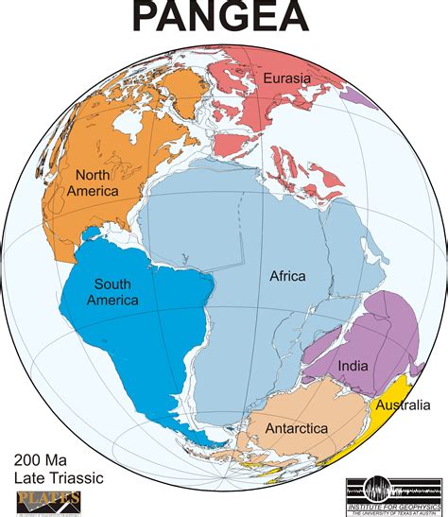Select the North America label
(x=92, y=182)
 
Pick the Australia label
(x=405, y=405)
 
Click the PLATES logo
(x=48, y=500)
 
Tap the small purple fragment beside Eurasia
(x=357, y=94)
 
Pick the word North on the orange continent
(x=94, y=174)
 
